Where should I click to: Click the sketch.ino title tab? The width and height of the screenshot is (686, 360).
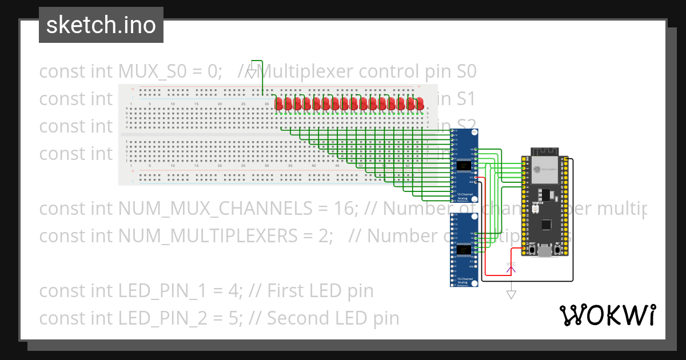point(101,25)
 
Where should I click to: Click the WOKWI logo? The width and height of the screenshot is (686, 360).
point(607,315)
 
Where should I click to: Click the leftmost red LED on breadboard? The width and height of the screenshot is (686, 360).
point(279,103)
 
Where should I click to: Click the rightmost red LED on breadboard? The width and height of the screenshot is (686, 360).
point(420,103)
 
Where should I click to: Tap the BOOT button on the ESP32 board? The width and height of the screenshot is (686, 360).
point(532,250)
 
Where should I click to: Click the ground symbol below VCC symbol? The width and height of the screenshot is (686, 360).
point(512,294)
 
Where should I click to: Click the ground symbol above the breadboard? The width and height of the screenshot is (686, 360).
point(252,73)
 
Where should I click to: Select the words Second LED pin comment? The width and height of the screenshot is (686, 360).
point(333,318)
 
